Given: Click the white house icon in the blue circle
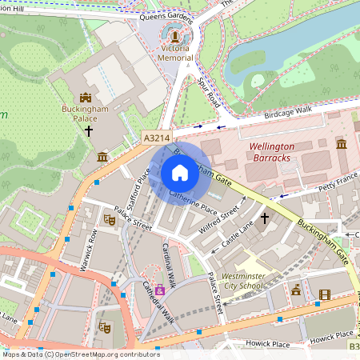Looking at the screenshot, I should (180, 173).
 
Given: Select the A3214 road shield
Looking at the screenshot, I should (157, 138).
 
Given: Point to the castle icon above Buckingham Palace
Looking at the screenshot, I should (86, 96).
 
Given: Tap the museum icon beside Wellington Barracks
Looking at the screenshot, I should (341, 144).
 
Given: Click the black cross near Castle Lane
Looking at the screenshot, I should (264, 218).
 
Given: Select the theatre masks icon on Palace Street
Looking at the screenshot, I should (110, 219).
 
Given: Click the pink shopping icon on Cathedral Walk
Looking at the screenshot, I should (160, 290).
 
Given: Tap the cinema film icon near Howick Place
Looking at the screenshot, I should (324, 294).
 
